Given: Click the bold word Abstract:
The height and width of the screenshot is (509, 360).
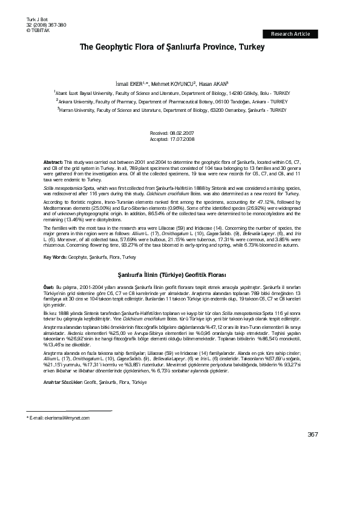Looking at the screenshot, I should (53, 163).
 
